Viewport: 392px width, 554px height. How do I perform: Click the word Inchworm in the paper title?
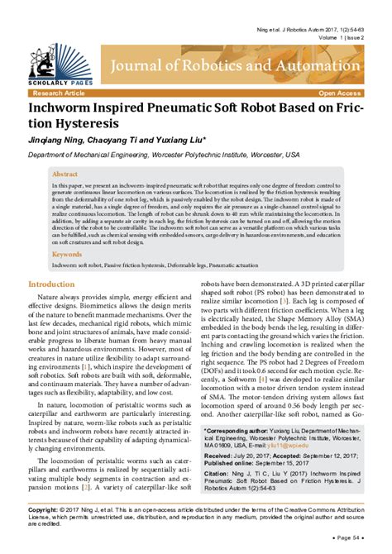[x=62, y=107]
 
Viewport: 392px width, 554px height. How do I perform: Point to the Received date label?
[x=218, y=455]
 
